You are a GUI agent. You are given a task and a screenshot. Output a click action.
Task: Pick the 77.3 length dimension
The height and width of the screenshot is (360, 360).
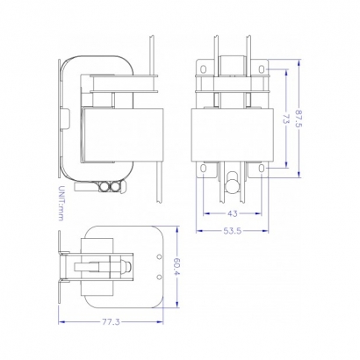109,323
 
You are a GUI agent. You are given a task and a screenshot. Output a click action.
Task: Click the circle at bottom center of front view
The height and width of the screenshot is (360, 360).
233,185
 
